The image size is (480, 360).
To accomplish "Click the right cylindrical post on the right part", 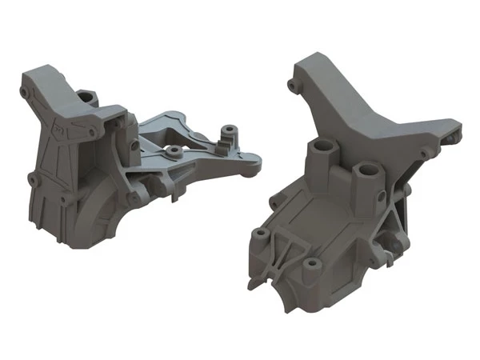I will [x=367, y=171].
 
